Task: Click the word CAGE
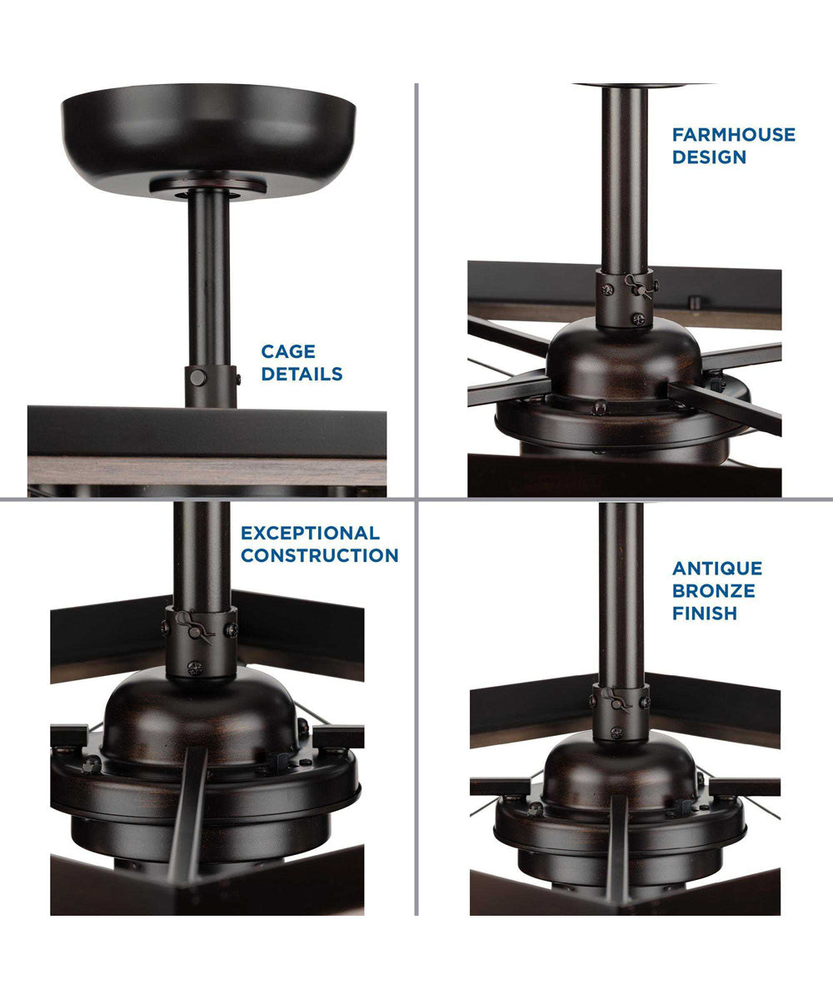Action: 288,351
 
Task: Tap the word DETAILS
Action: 302,374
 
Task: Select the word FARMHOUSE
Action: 734,134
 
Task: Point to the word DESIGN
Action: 709,157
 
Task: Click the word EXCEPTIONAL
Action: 310,533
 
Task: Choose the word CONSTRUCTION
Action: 319,555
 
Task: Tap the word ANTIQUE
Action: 717,569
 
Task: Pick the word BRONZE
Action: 714,591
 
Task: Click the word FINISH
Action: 705,614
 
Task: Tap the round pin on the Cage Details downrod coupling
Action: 197,378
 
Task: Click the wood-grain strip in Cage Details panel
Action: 207,470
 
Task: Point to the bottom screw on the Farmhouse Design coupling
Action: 638,319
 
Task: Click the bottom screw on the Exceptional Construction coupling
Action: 195,668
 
